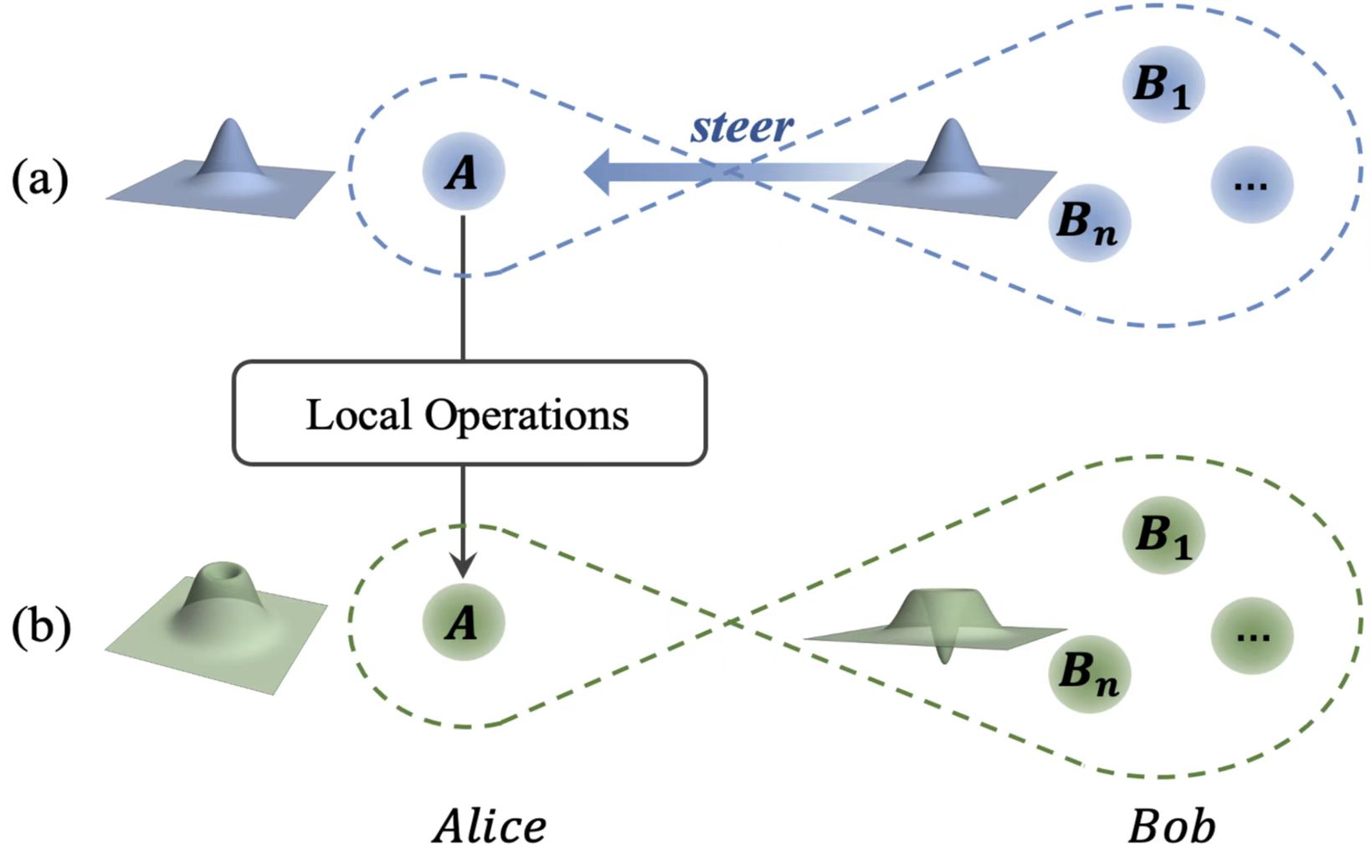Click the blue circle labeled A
[x=464, y=172]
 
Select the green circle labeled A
[x=464, y=623]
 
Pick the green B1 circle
[x=1163, y=534]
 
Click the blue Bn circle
[x=1089, y=223]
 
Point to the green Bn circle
[x=1089, y=673]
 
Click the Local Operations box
[x=469, y=414]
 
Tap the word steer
[x=742, y=127]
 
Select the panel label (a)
[x=39, y=179]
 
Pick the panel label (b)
[x=39, y=628]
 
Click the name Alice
[x=490, y=826]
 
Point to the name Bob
[x=1171, y=826]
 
